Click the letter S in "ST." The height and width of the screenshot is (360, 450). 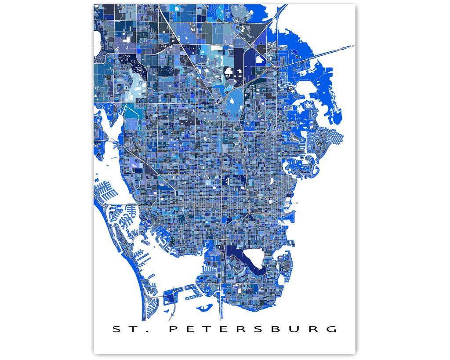coord(116,329)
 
